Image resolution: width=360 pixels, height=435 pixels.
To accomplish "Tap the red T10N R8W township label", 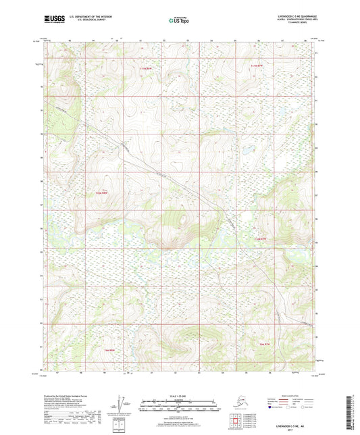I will tap(101, 194).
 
